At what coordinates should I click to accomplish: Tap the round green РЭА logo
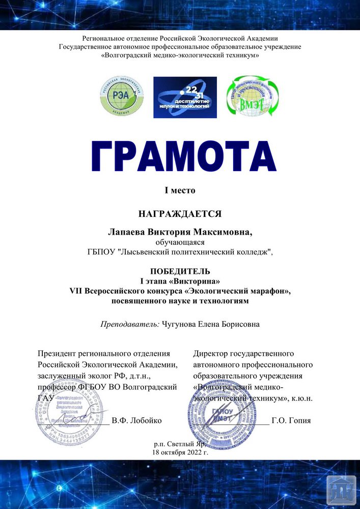[122, 95]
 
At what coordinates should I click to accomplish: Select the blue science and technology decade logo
[185, 97]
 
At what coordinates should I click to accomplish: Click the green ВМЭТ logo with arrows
[252, 96]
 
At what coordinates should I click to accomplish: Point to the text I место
[180, 190]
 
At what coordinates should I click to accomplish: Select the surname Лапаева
[126, 232]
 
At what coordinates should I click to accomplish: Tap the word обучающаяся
[180, 242]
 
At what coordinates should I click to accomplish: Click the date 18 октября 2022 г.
[180, 452]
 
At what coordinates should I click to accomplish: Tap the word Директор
[211, 353]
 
